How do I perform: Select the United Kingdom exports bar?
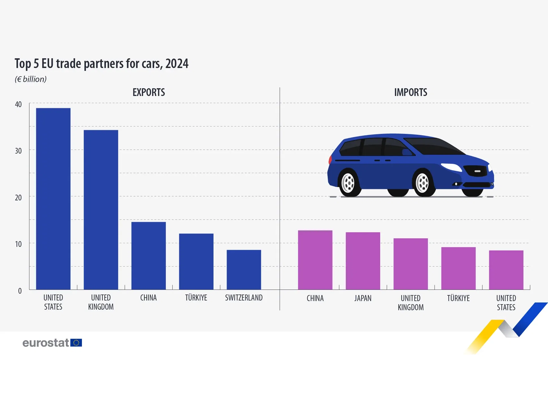click(x=101, y=210)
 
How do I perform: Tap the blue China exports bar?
click(x=149, y=256)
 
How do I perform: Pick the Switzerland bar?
click(x=244, y=269)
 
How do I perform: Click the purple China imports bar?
click(x=315, y=260)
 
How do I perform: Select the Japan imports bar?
click(x=363, y=261)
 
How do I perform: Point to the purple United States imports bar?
click(x=506, y=270)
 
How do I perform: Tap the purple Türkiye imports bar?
click(x=458, y=268)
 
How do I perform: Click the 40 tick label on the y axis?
click(x=18, y=104)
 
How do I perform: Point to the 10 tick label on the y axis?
click(x=18, y=244)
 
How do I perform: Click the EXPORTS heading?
click(x=149, y=92)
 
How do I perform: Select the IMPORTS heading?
click(x=410, y=92)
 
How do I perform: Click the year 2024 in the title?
click(x=177, y=64)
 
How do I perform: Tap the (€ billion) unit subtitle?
click(x=31, y=79)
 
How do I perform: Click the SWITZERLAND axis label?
click(x=244, y=298)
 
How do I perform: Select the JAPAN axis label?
click(x=363, y=298)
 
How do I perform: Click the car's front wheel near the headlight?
click(x=423, y=183)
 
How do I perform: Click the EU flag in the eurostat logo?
click(x=76, y=343)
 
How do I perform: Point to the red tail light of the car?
click(x=330, y=160)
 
